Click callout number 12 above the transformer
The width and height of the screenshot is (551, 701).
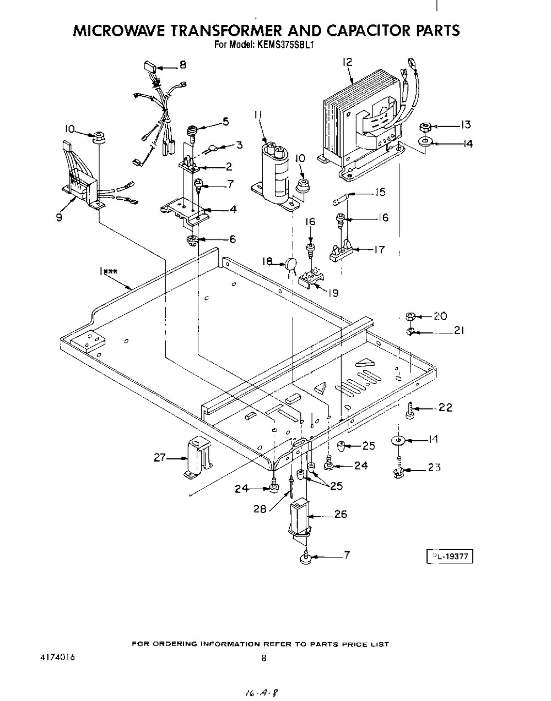pos(347,62)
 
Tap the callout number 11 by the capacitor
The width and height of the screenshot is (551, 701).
pos(258,114)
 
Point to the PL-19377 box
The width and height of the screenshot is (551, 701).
pos(450,557)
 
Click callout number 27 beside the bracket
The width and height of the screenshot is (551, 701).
pos(160,457)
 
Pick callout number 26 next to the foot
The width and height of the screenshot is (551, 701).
pos(341,514)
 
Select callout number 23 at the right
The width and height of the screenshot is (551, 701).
pos(435,468)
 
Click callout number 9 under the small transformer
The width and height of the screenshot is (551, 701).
pos(58,217)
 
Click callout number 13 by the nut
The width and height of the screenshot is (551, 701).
pos(466,124)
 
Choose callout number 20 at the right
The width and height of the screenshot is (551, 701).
pos(440,316)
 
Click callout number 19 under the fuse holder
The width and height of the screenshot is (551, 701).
pos(333,293)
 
